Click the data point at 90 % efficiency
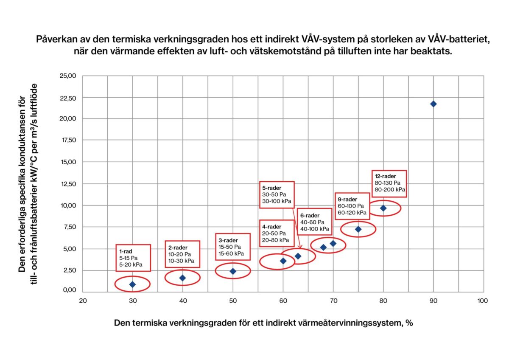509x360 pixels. (x=433, y=104)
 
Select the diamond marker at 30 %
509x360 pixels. (x=132, y=284)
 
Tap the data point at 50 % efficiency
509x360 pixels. (x=233, y=271)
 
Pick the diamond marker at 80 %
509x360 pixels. (x=383, y=208)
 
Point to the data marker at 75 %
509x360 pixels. (x=358, y=229)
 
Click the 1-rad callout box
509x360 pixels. (x=133, y=258)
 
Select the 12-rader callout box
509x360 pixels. (x=389, y=183)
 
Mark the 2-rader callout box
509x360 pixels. (x=182, y=254)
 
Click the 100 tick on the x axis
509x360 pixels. (x=483, y=301)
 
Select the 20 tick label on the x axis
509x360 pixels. (x=83, y=301)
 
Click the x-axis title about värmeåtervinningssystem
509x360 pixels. (x=263, y=323)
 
